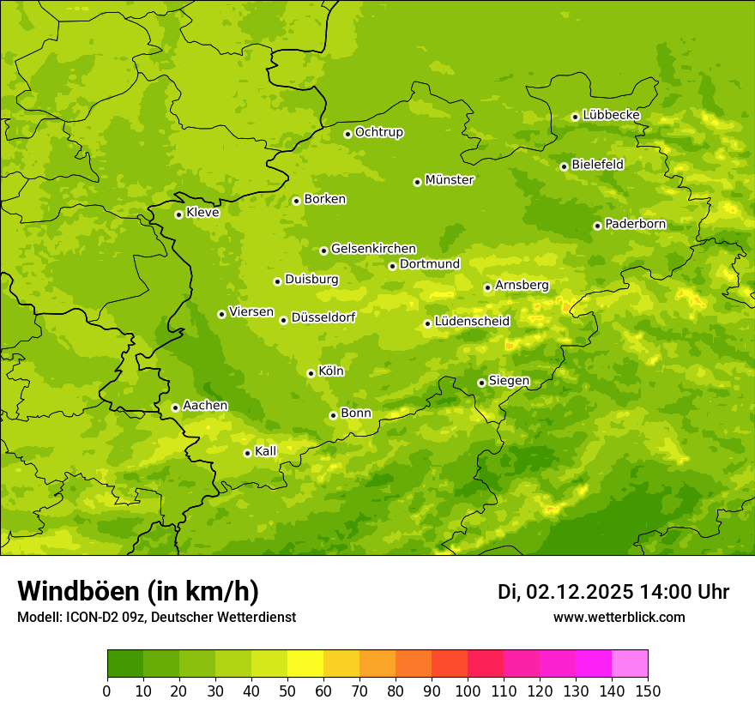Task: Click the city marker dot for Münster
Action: tap(418, 182)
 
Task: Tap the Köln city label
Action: tap(331, 371)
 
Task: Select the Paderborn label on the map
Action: tap(636, 224)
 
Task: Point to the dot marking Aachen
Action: tap(175, 407)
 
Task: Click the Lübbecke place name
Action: tap(611, 115)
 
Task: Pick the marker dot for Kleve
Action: tap(178, 214)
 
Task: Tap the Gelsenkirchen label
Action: tap(373, 249)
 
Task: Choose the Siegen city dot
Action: tap(481, 383)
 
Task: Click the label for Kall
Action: tap(266, 451)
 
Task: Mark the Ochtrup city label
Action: tap(379, 132)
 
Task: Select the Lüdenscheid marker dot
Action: tap(427, 323)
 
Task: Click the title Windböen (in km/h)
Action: tap(138, 592)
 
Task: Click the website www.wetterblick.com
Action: tap(619, 617)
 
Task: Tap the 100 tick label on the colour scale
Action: tap(468, 691)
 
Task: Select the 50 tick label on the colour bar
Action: tap(287, 691)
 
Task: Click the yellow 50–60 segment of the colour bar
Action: tap(305, 664)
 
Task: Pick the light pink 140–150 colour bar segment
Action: tap(630, 664)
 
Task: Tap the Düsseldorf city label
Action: tap(323, 317)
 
